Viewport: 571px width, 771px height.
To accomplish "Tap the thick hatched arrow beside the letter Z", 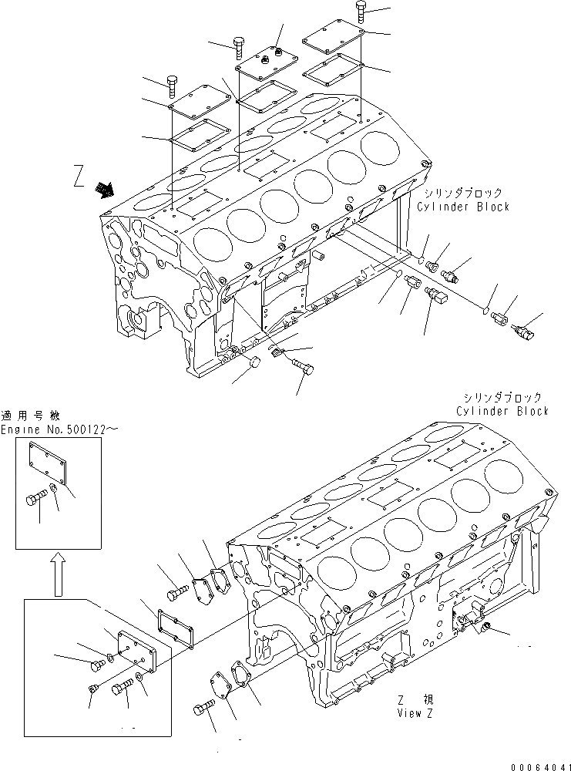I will (x=102, y=188).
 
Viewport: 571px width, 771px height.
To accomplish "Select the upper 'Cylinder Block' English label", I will (x=463, y=207).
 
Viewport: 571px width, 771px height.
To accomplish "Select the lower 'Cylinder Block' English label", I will (x=502, y=411).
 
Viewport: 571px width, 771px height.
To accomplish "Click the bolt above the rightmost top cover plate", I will (x=362, y=12).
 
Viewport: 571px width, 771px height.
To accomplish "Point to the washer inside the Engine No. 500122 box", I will (x=55, y=488).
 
